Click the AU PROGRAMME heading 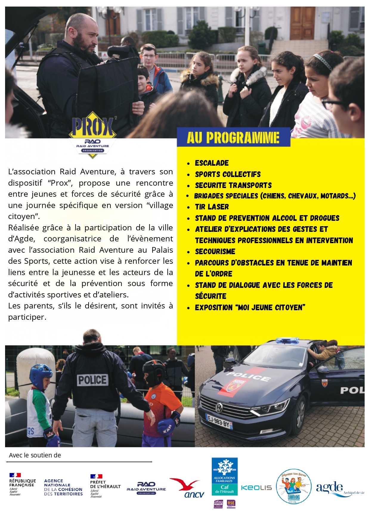(233, 138)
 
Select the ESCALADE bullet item (212, 163)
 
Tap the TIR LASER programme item (212, 207)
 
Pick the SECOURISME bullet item (215, 252)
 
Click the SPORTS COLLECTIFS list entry (228, 174)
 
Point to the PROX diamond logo (92, 134)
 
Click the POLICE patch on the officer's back (92, 380)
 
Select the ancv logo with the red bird (187, 488)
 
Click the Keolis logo (256, 488)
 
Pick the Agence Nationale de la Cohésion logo (63, 487)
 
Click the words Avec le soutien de (35, 455)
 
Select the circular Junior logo (294, 487)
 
